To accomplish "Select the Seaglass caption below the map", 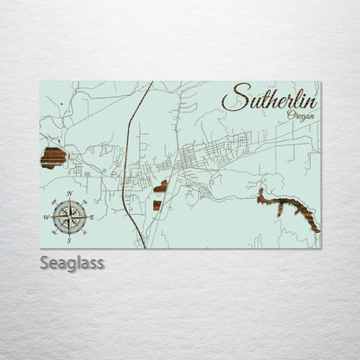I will pos(72,262).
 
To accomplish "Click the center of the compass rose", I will pos(68,215).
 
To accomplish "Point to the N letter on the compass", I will pos(68,193).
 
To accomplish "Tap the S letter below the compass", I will pos(68,237).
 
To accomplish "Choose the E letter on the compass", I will pos(91,215).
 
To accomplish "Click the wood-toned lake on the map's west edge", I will pos(54,157).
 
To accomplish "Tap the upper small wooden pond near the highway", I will pos(161,186).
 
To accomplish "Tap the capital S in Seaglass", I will pos(44,262).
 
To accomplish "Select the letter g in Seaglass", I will pos(71,264).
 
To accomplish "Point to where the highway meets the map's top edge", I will pos(152,83).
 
